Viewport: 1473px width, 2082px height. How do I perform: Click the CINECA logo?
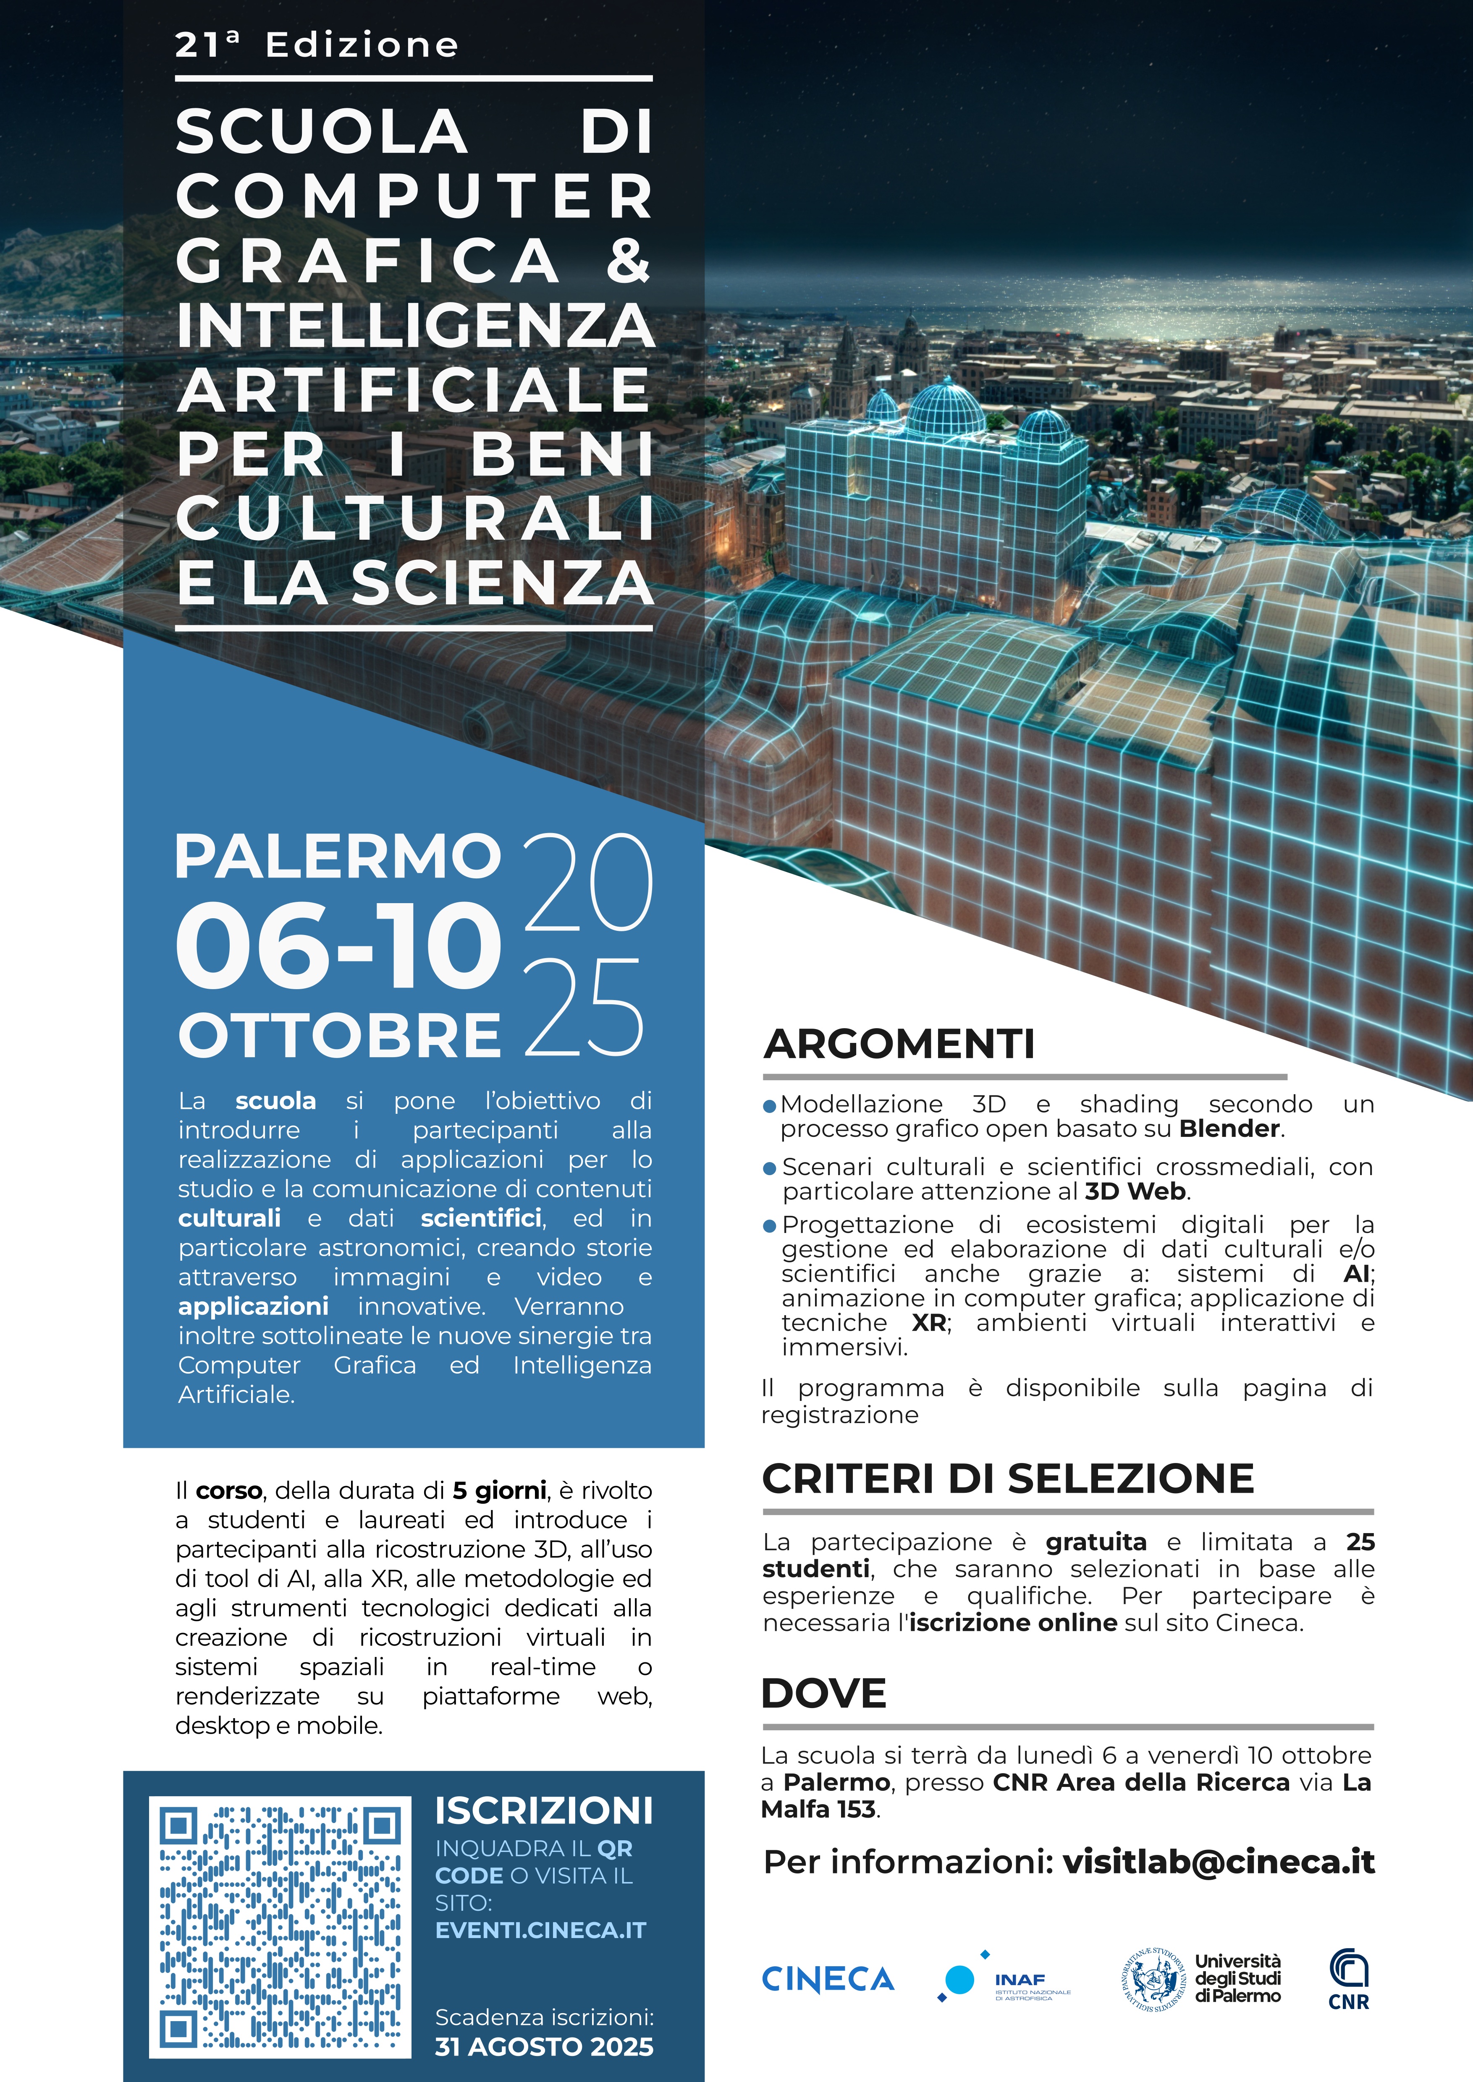(827, 1979)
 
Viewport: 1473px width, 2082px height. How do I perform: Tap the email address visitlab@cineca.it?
(1218, 1862)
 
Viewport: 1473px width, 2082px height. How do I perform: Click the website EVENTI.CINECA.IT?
(540, 1930)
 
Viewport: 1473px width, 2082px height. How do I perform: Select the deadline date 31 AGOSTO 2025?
(543, 2047)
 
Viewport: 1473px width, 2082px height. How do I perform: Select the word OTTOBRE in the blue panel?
(339, 1036)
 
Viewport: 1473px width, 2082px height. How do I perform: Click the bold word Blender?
(1229, 1129)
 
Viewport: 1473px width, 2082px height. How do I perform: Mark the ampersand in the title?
(628, 260)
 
